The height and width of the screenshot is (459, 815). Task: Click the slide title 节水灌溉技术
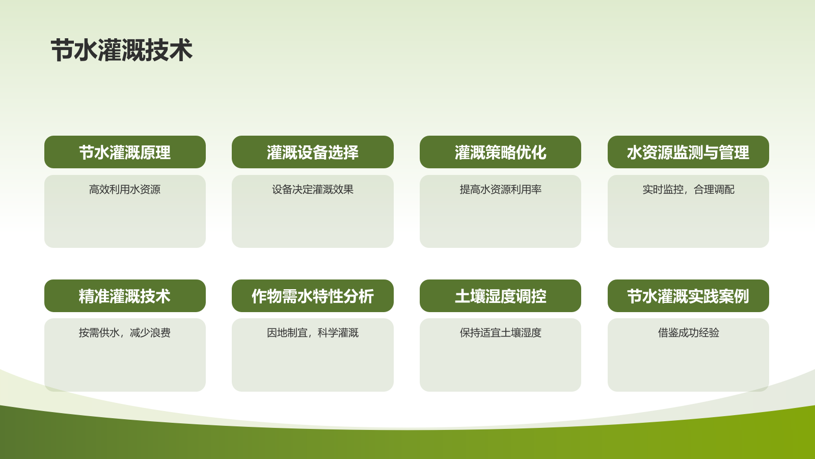click(x=121, y=50)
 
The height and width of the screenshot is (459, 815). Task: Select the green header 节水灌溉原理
click(x=125, y=152)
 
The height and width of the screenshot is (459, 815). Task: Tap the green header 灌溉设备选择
click(x=312, y=152)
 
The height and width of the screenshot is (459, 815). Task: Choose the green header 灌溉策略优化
click(x=500, y=152)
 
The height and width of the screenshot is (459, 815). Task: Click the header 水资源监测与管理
click(x=688, y=152)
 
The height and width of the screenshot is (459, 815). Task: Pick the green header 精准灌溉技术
click(x=125, y=296)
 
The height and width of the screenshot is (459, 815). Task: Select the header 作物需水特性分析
click(x=312, y=296)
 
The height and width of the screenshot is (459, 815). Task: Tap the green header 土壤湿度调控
click(x=500, y=296)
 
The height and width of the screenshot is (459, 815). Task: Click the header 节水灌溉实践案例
click(x=688, y=296)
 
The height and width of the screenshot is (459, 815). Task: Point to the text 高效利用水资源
click(x=125, y=189)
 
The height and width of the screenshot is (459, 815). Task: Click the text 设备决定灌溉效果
click(x=312, y=189)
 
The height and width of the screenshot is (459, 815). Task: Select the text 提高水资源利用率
click(x=500, y=189)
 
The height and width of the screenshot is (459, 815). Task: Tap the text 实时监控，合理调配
click(x=688, y=189)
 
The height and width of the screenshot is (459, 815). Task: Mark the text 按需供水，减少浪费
click(x=125, y=333)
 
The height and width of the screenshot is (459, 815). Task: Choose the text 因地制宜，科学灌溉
click(x=312, y=333)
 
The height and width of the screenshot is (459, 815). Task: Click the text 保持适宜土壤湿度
click(x=500, y=333)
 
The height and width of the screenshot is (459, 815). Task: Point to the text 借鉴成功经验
click(x=688, y=333)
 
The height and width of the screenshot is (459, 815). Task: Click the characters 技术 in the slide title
click(x=169, y=50)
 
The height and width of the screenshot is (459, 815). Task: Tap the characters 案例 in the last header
click(x=733, y=296)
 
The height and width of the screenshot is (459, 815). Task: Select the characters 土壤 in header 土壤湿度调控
click(x=470, y=296)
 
